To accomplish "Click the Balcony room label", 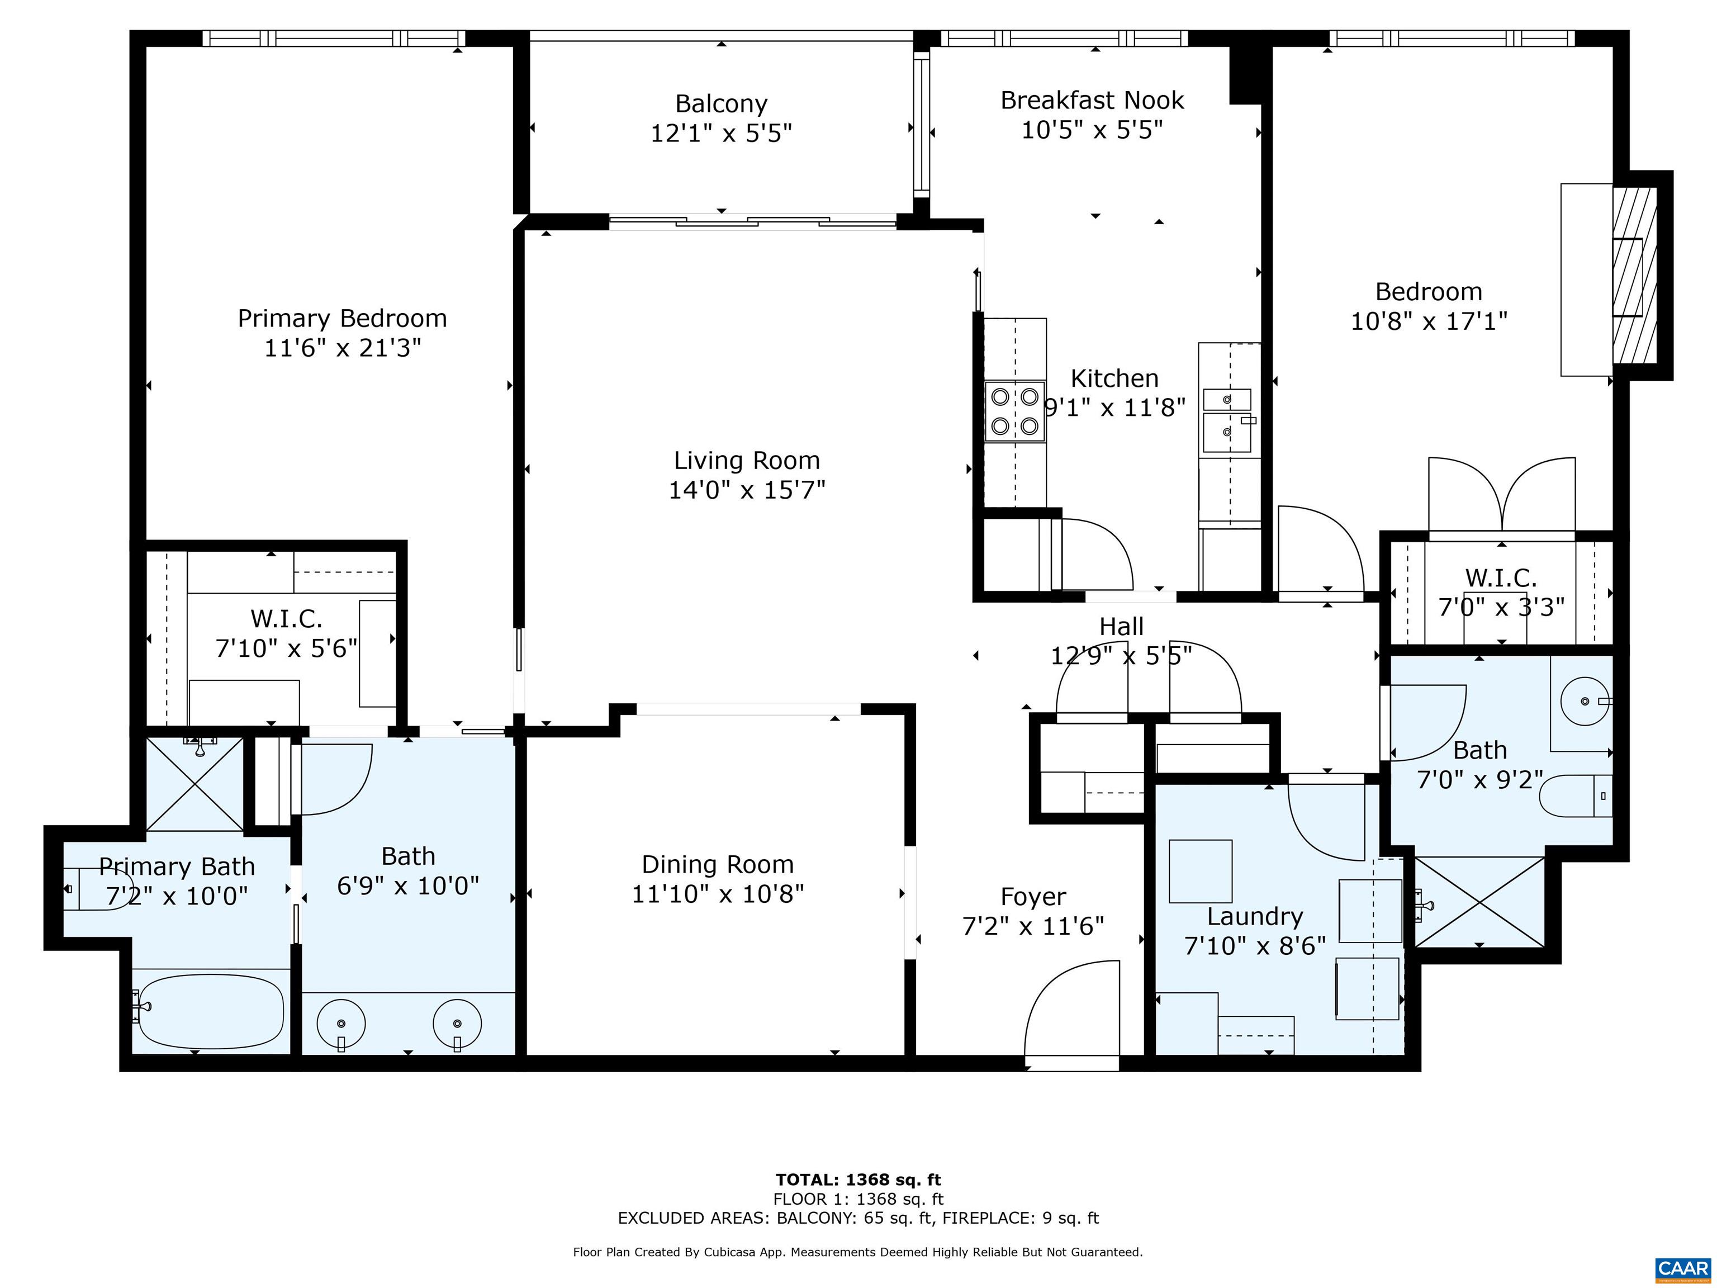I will coord(720,104).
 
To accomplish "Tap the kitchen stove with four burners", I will coord(1014,411).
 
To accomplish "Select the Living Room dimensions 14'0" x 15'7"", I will coord(746,490).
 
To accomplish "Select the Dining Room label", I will coord(717,864).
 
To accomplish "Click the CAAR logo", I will coord(1682,1268).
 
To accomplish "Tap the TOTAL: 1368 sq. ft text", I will coord(858,1180).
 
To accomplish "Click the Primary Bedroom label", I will coord(342,318).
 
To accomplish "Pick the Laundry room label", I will coord(1254,917).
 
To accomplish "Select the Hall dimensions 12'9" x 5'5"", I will coord(1121,656).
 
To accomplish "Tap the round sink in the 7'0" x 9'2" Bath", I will coord(1583,701).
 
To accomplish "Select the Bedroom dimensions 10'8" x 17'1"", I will coord(1428,321).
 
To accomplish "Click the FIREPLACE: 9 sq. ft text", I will coord(1021,1218).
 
